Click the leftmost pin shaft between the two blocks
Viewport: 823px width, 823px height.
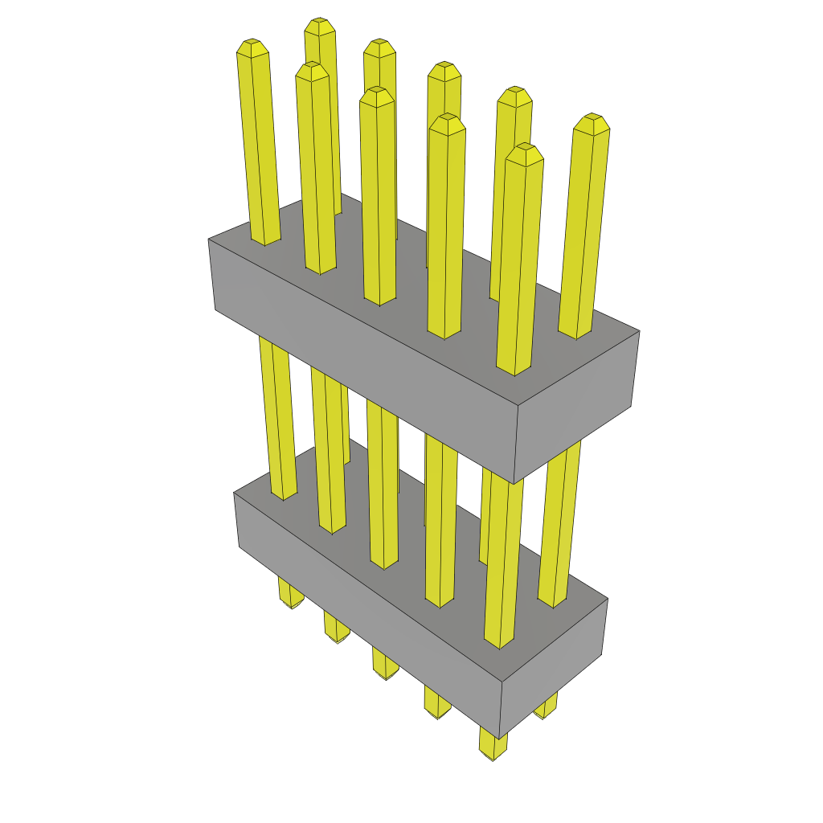coord(277,418)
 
